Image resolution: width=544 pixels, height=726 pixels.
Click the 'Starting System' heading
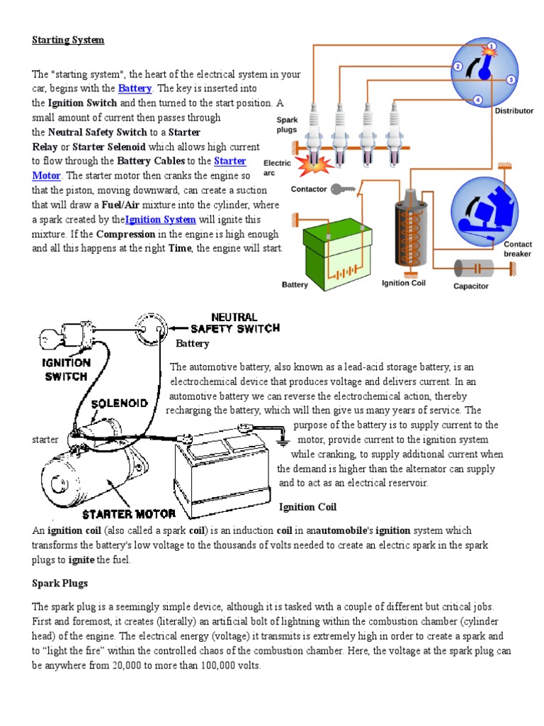pos(68,40)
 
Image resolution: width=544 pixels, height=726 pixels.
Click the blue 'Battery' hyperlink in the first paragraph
pos(135,89)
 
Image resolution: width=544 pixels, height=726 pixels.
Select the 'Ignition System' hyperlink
pos(160,220)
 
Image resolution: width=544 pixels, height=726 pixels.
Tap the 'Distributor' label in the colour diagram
pos(514,111)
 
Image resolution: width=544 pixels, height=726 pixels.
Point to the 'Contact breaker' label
pos(517,249)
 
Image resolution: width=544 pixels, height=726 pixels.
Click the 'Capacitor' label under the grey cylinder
pos(471,286)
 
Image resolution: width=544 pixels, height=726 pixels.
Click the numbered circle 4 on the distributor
pos(478,100)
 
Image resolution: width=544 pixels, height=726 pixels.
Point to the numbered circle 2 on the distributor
pos(458,67)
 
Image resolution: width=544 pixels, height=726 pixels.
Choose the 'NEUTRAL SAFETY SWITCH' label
pos(235,323)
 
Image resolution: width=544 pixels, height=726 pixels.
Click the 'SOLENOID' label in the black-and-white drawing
pos(119,403)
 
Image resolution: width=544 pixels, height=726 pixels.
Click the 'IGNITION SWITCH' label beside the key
pos(67,369)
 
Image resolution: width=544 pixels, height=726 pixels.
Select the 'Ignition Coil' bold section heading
pos(307,507)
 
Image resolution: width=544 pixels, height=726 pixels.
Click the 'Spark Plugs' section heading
pos(60,583)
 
